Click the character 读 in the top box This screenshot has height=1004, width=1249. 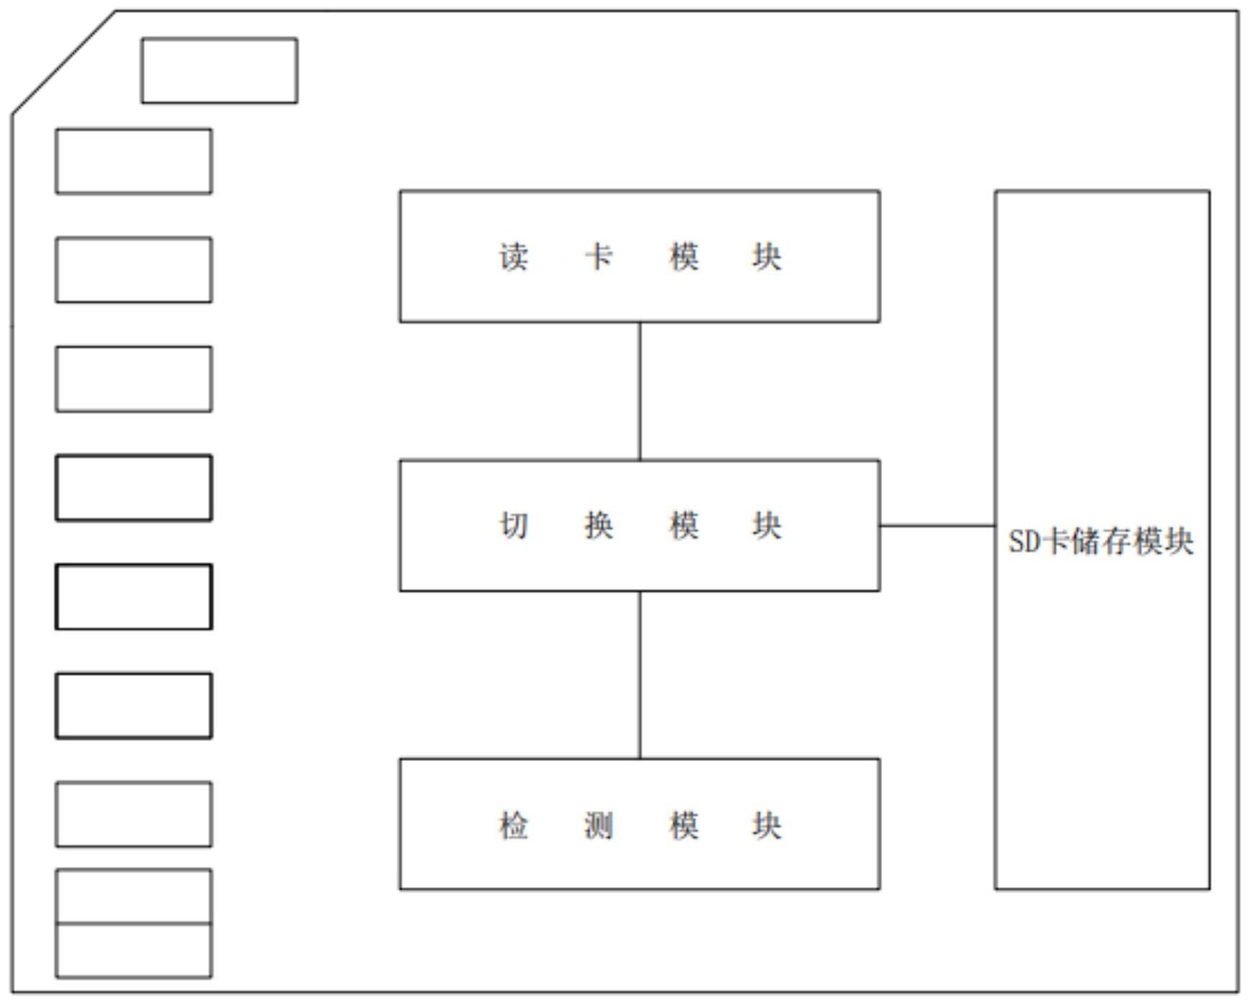tap(514, 257)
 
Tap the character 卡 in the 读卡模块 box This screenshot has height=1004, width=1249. tap(598, 257)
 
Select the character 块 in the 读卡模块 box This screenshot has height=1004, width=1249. tap(767, 257)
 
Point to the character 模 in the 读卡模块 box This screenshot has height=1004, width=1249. tap(684, 257)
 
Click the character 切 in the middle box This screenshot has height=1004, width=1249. tap(514, 525)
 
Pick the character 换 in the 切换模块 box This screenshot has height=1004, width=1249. tap(598, 525)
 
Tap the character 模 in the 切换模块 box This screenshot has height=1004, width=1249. tap(684, 525)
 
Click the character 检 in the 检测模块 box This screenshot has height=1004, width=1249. tap(514, 825)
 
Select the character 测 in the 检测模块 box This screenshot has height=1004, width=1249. tap(598, 825)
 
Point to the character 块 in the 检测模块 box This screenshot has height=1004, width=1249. tap(767, 825)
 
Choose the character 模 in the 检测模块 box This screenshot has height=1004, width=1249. tap(684, 825)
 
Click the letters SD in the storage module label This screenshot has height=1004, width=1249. tap(1024, 542)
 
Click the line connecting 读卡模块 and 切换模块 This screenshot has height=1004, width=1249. tap(640, 391)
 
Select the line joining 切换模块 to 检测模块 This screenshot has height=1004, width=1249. tap(640, 675)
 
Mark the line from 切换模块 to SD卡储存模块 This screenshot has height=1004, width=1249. tap(937, 525)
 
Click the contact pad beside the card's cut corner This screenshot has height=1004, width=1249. tap(219, 70)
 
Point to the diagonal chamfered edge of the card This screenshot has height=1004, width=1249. tap(64, 62)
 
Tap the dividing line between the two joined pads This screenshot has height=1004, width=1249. tap(133, 923)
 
